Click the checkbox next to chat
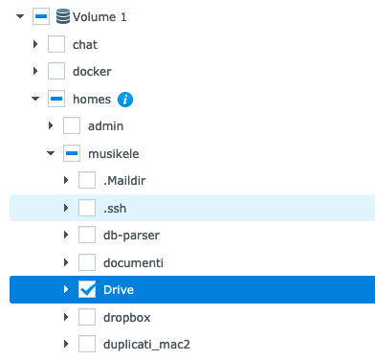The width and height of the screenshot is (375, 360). (x=56, y=44)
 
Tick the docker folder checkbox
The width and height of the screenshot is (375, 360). (x=56, y=71)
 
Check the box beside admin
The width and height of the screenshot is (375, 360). (x=72, y=125)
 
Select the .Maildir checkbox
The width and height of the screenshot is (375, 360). (x=87, y=180)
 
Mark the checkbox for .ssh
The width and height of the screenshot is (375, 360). (x=87, y=208)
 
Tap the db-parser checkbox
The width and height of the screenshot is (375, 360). (x=87, y=235)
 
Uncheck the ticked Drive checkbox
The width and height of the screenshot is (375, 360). (x=87, y=289)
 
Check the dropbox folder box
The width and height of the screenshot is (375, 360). (x=87, y=316)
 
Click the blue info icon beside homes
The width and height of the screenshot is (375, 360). (x=125, y=99)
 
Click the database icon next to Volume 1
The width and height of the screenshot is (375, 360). (x=61, y=16)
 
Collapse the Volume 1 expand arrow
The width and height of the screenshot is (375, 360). (x=20, y=16)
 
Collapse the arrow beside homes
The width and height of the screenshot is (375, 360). (x=35, y=99)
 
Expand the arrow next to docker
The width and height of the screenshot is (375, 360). (x=35, y=71)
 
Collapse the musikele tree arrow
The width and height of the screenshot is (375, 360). (x=51, y=153)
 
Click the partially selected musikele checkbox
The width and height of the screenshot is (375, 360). (x=72, y=153)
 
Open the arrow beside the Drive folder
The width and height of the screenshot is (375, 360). (x=66, y=289)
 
